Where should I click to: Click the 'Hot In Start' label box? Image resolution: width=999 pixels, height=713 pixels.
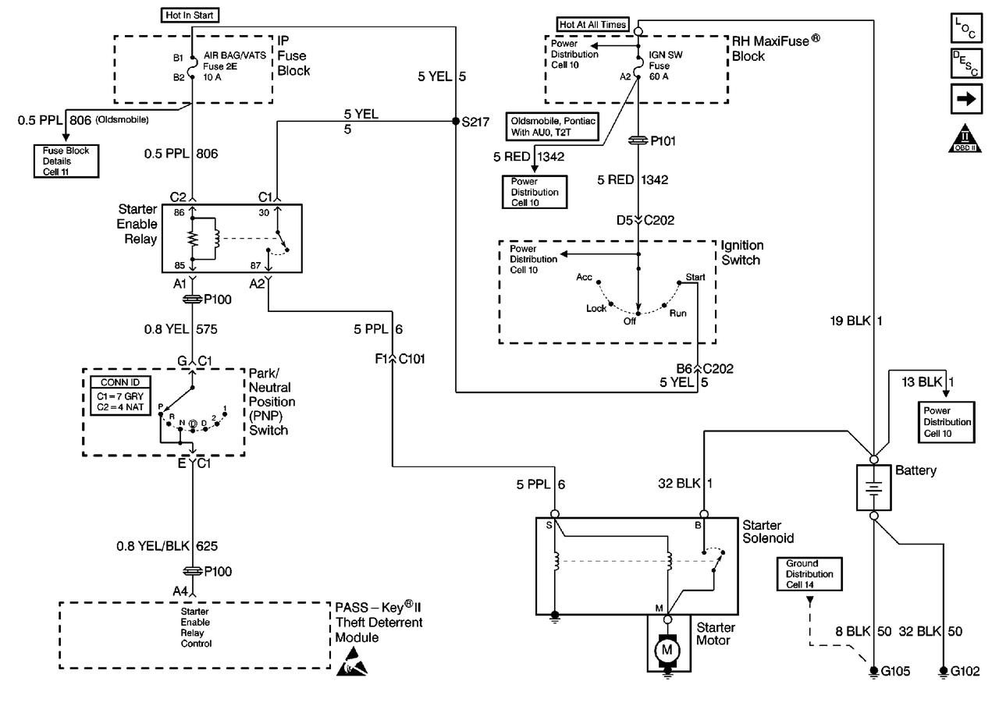pyautogui.click(x=191, y=15)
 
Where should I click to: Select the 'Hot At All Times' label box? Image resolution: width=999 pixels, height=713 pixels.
pyautogui.click(x=592, y=24)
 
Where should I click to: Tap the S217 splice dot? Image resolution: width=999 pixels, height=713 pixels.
pyautogui.click(x=455, y=122)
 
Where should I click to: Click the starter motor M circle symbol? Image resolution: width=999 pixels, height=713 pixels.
pyautogui.click(x=667, y=647)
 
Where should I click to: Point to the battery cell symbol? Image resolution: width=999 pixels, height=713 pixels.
pyautogui.click(x=874, y=488)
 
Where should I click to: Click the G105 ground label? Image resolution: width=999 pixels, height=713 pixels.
pyautogui.click(x=891, y=671)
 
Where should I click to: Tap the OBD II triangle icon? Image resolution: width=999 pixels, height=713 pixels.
pyautogui.click(x=967, y=138)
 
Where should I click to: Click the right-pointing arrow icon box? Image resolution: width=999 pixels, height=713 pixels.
pyautogui.click(x=967, y=99)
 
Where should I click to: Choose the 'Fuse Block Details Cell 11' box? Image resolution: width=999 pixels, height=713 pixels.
pyautogui.click(x=66, y=161)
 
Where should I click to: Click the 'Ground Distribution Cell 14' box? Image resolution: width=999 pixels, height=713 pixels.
pyautogui.click(x=809, y=574)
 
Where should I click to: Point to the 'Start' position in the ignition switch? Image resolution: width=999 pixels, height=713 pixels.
pyautogui.click(x=694, y=278)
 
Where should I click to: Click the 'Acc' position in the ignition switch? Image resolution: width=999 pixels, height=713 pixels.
pyautogui.click(x=585, y=278)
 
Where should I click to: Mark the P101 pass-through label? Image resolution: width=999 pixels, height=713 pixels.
pyautogui.click(x=659, y=141)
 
